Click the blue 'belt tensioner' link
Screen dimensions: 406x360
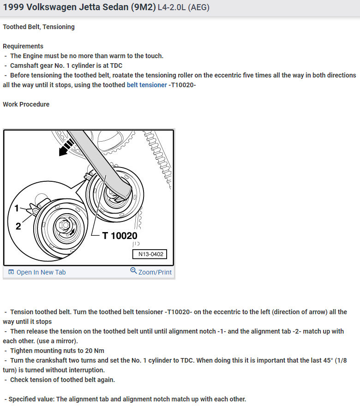click(x=147, y=85)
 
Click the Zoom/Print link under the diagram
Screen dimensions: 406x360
click(x=151, y=272)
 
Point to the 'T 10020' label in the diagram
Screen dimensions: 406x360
click(x=120, y=236)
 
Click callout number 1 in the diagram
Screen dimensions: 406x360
click(x=17, y=209)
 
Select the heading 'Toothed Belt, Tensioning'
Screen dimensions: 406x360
click(x=39, y=27)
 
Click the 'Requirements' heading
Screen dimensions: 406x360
click(x=23, y=46)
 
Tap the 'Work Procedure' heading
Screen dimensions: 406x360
click(x=26, y=104)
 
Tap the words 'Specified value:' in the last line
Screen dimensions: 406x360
click(x=31, y=399)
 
